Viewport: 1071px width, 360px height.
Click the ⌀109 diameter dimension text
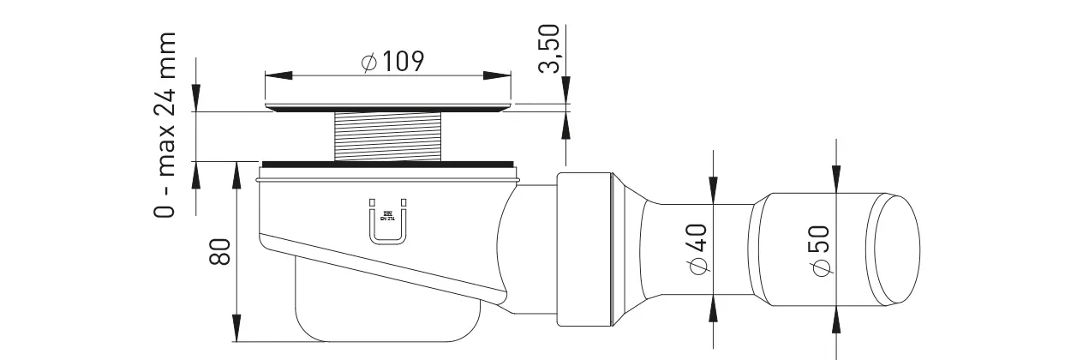coord(392,62)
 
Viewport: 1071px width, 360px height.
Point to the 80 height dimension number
coord(220,251)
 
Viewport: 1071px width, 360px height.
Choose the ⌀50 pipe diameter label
coord(820,249)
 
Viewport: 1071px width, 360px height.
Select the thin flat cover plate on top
coord(388,107)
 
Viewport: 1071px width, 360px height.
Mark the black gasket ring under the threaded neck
coord(388,163)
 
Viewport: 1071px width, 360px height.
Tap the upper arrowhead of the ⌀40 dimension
coord(712,193)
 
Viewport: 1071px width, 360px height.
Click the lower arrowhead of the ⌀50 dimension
coord(836,318)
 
